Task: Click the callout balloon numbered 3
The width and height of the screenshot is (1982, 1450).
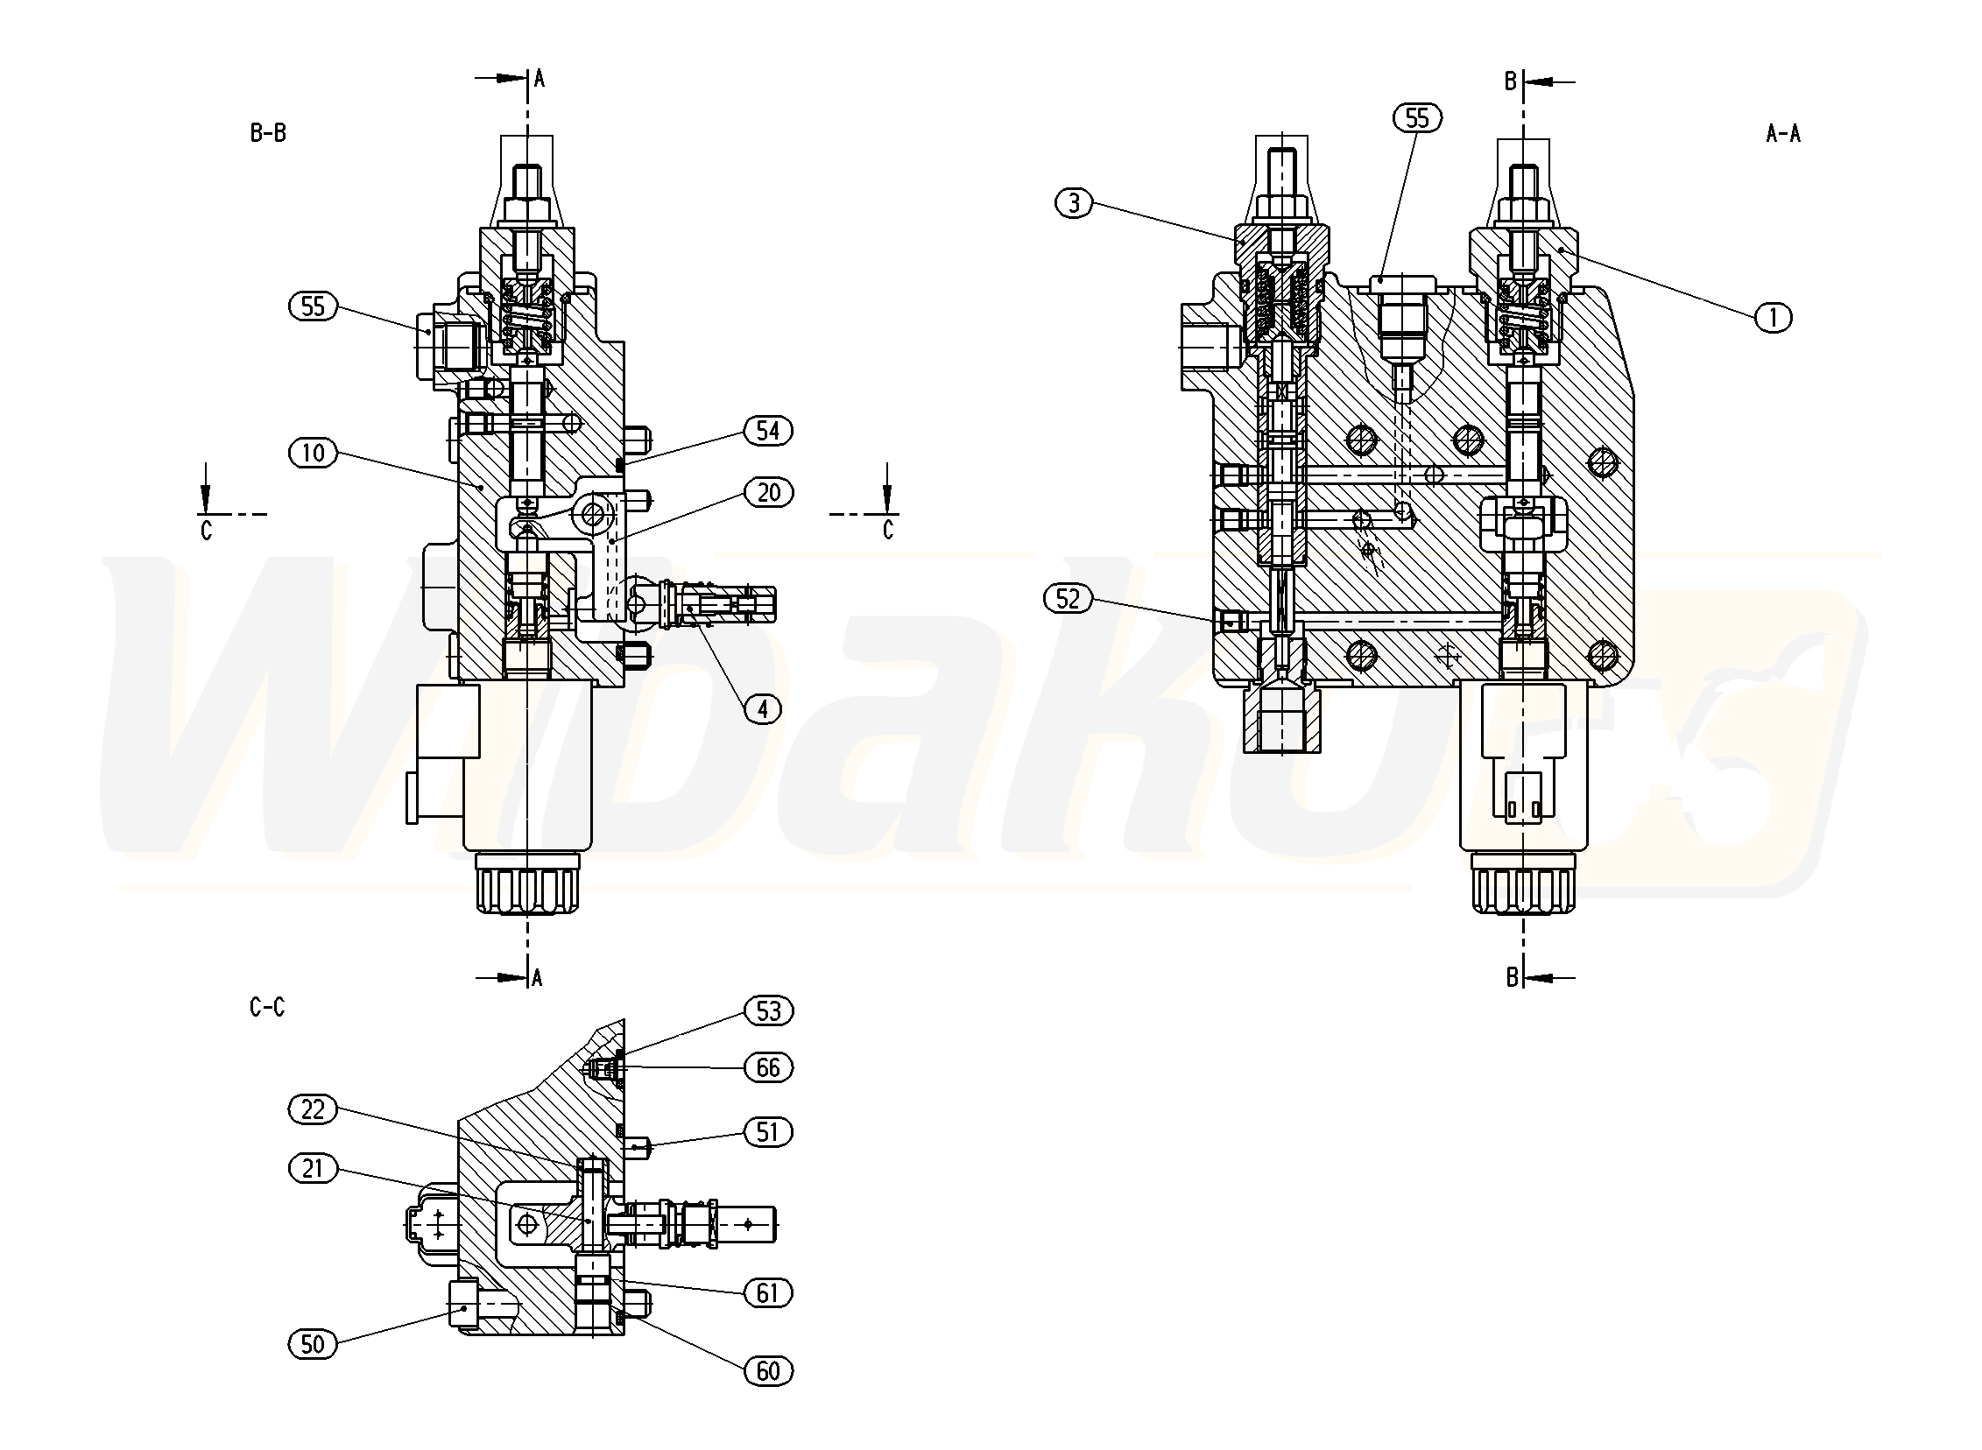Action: (x=1074, y=204)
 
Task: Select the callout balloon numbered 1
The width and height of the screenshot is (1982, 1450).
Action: (x=1773, y=317)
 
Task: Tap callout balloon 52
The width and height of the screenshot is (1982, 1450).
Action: (x=1068, y=599)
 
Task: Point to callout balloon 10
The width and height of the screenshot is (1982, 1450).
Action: (x=313, y=453)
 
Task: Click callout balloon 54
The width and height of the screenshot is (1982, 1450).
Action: (x=767, y=430)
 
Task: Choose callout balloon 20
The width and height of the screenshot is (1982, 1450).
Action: (x=768, y=492)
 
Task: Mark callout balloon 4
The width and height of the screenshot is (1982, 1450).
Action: (x=762, y=708)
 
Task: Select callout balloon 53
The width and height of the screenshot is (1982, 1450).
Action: (x=768, y=1010)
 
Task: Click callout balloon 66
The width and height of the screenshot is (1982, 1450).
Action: (x=768, y=1067)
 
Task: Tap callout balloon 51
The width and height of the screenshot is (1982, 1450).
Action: (x=768, y=1131)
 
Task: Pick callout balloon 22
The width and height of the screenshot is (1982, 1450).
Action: (x=313, y=1109)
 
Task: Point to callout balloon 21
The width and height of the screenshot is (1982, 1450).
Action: (x=313, y=1168)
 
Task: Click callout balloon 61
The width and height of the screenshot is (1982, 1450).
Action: (x=768, y=1293)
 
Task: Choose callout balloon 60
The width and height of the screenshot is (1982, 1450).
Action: (x=768, y=1370)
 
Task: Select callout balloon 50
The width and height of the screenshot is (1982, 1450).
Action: (x=313, y=1344)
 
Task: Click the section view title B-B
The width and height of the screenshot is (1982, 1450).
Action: (x=268, y=133)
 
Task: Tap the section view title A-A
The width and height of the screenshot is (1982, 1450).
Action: (x=1782, y=133)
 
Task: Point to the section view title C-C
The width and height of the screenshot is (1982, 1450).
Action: (x=267, y=1008)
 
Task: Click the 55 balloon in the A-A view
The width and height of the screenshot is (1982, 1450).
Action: (x=1417, y=117)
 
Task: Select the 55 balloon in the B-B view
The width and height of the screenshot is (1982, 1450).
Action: (x=313, y=306)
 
